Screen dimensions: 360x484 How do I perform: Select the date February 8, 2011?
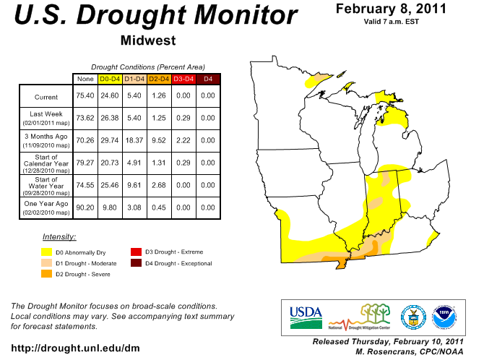pyautogui.click(x=391, y=9)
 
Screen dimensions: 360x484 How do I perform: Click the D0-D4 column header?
pyautogui.click(x=109, y=78)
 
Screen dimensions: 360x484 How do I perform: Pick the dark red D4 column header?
pyautogui.click(x=207, y=78)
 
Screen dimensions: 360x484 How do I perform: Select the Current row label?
pyautogui.click(x=46, y=97)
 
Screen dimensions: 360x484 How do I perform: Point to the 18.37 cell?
pyautogui.click(x=134, y=137)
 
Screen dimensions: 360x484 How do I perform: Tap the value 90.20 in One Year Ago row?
pyautogui.click(x=85, y=207)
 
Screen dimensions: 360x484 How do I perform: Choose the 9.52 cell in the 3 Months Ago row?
pyautogui.click(x=158, y=137)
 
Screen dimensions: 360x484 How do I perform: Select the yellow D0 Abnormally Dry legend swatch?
pyautogui.click(x=46, y=252)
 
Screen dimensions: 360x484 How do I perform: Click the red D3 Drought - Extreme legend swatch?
pyautogui.click(x=135, y=252)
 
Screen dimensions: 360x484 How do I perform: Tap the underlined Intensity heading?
pyautogui.click(x=59, y=237)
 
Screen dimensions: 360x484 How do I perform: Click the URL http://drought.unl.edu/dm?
pyautogui.click(x=75, y=348)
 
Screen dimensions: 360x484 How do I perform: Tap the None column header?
pyautogui.click(x=85, y=78)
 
